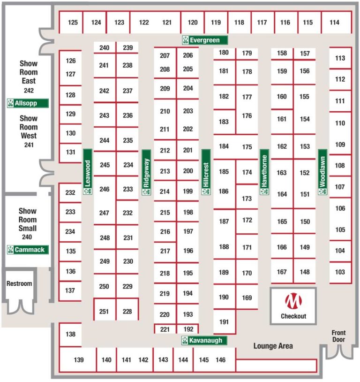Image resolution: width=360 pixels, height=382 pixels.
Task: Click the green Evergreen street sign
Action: [x=205, y=40]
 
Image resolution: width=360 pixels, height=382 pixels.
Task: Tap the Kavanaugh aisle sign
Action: [x=204, y=340]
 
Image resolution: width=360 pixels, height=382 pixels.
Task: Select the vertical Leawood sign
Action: [x=87, y=172]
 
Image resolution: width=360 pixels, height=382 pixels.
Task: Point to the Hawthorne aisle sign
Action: [x=264, y=172]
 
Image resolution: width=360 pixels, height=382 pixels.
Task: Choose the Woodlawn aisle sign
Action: [x=322, y=172]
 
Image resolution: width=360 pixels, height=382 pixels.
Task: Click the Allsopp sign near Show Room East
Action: [x=28, y=103]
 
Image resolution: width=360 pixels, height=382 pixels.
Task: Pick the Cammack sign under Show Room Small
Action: [x=28, y=250]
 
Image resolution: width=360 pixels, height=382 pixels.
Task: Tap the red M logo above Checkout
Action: [x=293, y=301]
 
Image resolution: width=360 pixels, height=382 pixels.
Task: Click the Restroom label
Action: [x=19, y=283]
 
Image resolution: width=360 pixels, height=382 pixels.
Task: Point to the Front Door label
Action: [x=338, y=336]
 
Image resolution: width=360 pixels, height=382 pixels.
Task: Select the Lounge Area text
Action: [x=273, y=346]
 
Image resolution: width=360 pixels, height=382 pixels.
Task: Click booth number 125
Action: [x=72, y=23]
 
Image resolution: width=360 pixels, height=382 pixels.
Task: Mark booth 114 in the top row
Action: [x=334, y=23]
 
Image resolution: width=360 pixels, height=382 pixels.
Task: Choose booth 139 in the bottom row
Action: [x=79, y=360]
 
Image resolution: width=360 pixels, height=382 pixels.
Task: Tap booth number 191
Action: [x=224, y=322]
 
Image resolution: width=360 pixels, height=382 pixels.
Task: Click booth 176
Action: [x=247, y=116]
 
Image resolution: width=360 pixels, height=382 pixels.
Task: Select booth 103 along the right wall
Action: [x=340, y=272]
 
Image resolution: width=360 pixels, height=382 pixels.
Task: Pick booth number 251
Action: [x=104, y=311]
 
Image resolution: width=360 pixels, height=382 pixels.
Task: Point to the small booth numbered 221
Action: [x=165, y=329]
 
